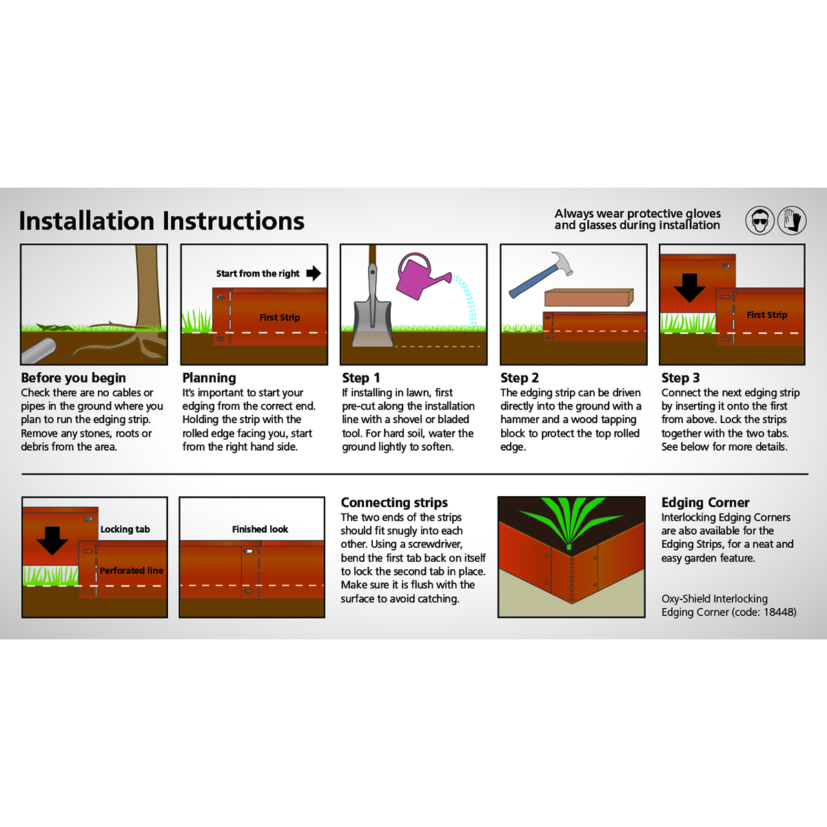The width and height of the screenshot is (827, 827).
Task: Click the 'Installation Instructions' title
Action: tap(161, 221)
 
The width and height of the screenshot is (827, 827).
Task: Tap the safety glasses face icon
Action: tap(759, 221)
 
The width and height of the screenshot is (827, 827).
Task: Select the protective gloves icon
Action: tap(792, 221)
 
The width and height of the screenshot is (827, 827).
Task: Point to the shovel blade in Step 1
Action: tap(372, 323)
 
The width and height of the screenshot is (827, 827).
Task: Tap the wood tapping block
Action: tap(589, 298)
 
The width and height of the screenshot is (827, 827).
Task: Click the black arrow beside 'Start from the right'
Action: tap(314, 273)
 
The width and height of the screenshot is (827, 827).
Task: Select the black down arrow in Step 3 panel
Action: tap(689, 288)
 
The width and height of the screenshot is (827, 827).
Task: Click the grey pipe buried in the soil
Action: tap(38, 351)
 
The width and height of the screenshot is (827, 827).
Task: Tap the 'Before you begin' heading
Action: tap(73, 378)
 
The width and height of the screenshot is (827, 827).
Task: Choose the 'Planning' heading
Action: tap(209, 378)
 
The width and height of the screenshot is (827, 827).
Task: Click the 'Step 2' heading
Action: tap(520, 378)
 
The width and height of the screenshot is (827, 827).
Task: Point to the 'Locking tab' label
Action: tap(125, 529)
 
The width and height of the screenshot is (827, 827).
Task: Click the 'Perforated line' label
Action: tap(132, 571)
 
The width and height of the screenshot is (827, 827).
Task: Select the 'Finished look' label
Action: tap(260, 529)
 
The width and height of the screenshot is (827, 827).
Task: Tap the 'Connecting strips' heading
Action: tap(394, 502)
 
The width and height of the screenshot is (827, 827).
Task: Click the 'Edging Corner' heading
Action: tap(705, 502)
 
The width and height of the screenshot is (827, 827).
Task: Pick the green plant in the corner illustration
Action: tap(571, 522)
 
